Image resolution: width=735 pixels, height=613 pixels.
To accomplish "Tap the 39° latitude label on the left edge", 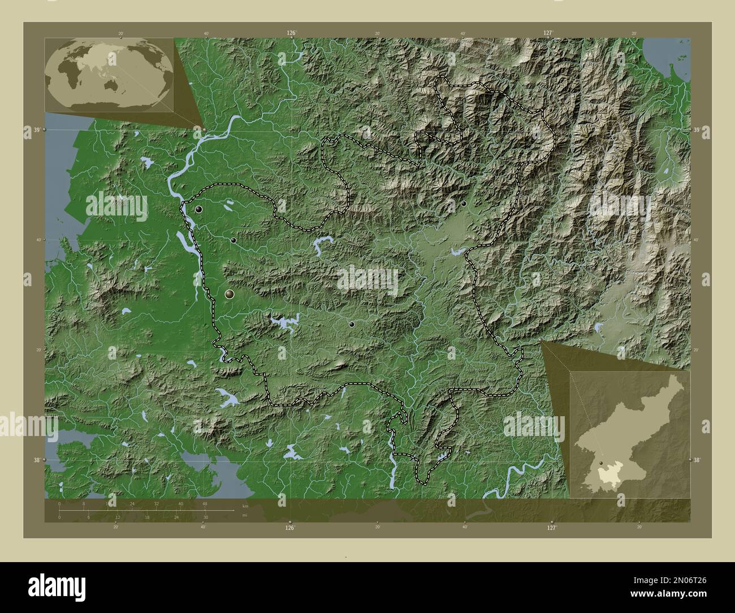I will (36, 130).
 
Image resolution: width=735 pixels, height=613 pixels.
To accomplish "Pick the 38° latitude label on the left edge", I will (36, 460).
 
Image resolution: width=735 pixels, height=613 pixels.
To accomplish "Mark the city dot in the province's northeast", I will (464, 203).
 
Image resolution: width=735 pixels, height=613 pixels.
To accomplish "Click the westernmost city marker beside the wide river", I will (198, 209).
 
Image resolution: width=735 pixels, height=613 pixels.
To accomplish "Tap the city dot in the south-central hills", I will (352, 325).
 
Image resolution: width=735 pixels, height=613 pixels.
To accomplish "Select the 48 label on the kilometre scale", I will (205, 503).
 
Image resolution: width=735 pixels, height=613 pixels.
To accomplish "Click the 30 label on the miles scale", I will (205, 517).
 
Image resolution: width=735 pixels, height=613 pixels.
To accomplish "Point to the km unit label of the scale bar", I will (245, 506).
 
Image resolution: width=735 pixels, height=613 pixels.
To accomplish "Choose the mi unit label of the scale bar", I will (244, 515).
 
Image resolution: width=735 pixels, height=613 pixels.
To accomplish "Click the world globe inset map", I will (109, 75).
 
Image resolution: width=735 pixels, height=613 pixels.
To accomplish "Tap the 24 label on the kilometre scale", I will (132, 503).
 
